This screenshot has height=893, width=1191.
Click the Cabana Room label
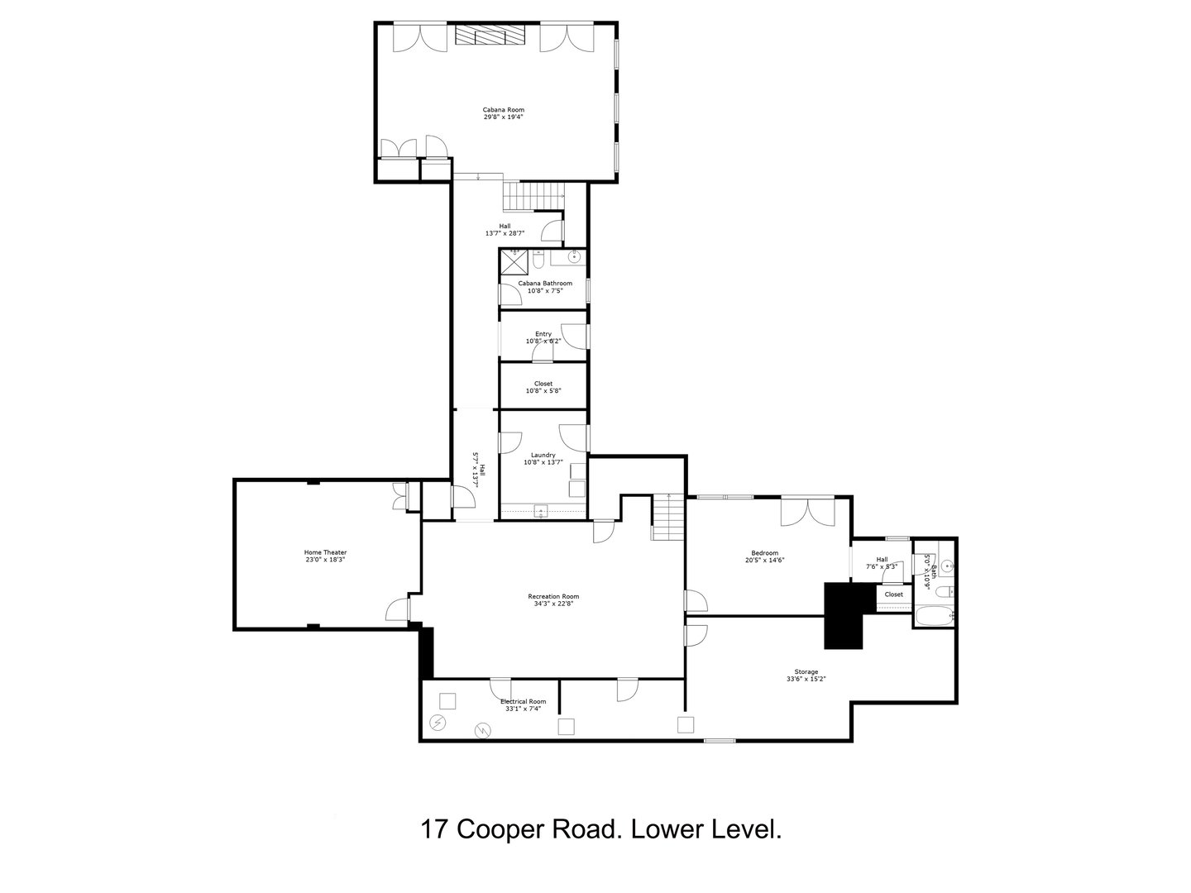click(503, 110)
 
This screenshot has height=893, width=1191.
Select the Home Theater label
click(325, 552)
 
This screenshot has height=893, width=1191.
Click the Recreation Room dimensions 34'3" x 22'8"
click(553, 604)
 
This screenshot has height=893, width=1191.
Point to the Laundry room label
click(543, 455)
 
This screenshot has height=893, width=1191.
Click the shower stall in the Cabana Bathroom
click(514, 261)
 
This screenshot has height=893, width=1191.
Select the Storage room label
click(806, 671)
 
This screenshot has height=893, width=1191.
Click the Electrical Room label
click(523, 701)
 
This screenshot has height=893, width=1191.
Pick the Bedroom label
click(764, 553)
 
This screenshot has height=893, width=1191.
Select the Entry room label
click(543, 334)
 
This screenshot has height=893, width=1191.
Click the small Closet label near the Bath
click(894, 595)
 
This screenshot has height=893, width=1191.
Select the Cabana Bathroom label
click(545, 283)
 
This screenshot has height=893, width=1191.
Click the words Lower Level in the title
click(706, 829)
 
